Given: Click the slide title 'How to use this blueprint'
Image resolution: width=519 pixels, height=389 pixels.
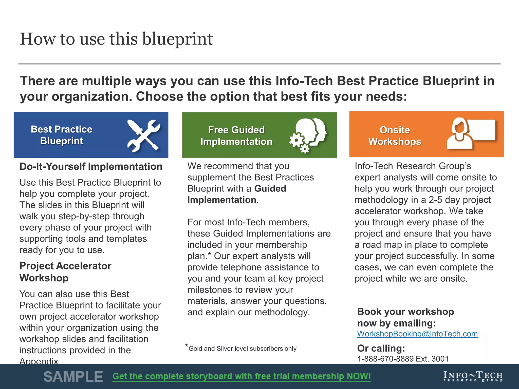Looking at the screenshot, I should [116, 39].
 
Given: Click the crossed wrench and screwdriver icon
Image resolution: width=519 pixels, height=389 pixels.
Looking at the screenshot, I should [143, 135].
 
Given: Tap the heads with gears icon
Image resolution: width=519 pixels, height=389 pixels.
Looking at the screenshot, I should [308, 135].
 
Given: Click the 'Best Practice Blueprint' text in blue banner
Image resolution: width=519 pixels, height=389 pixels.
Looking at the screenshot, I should [62, 135].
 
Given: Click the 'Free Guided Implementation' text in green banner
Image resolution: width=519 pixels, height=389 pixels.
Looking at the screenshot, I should [236, 136].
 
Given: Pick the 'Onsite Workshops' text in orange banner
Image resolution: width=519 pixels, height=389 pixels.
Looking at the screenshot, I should [395, 136].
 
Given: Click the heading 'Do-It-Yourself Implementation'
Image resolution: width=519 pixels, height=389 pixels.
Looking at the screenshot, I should [91, 167].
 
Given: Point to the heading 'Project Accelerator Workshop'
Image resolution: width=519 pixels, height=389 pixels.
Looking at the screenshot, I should [65, 272].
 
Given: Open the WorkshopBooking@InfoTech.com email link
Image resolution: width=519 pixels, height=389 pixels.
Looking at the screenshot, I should [417, 334].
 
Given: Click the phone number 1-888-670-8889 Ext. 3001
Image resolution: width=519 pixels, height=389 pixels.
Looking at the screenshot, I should [403, 359].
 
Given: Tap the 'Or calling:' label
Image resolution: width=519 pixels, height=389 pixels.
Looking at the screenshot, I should [381, 348].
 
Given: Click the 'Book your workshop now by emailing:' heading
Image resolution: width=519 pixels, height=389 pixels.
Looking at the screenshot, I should [405, 317].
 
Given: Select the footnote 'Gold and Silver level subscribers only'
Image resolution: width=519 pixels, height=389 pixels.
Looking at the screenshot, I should [242, 349].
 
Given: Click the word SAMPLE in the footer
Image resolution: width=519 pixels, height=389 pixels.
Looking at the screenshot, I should [73, 377].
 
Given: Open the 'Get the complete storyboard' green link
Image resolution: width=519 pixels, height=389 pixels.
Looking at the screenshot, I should [242, 376].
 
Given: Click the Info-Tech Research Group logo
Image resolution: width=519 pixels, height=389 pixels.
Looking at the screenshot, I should [473, 376].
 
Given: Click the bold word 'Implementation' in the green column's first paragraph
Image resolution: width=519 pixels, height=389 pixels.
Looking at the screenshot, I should [222, 200].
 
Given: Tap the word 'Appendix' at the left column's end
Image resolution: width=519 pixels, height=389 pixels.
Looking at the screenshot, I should [39, 361].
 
